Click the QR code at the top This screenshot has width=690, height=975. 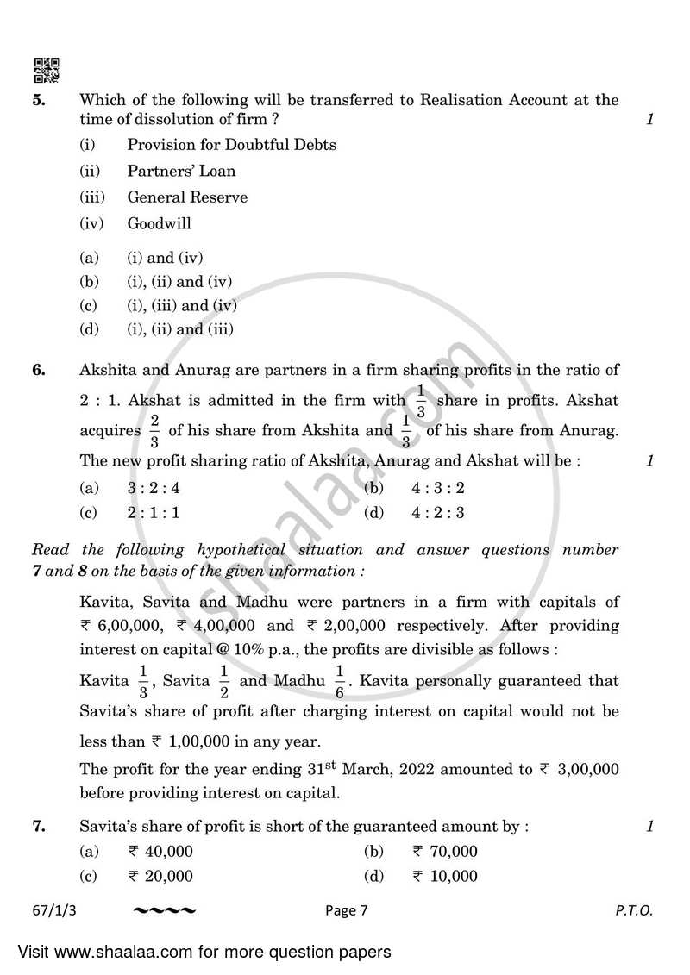47,70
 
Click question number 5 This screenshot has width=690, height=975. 38,100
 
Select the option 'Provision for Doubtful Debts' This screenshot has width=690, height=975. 231,145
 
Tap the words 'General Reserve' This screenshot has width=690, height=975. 187,197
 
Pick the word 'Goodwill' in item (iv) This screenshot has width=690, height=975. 160,223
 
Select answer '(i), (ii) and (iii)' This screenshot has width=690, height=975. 181,328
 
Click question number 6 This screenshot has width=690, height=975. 38,372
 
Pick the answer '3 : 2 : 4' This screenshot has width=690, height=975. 154,488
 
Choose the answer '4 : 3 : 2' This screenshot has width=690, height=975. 438,488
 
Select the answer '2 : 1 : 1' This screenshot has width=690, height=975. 154,513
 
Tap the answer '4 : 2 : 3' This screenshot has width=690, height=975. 438,513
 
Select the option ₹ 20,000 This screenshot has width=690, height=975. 160,876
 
